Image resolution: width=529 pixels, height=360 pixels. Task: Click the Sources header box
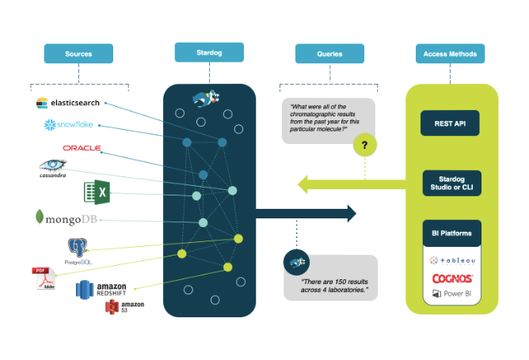(x=79, y=54)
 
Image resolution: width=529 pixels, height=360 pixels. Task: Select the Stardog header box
(x=209, y=53)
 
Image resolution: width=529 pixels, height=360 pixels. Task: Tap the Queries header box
(x=329, y=54)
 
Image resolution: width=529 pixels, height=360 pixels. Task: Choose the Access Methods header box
(x=450, y=54)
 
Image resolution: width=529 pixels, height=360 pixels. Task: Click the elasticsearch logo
(x=67, y=103)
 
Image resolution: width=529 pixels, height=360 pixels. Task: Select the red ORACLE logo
(x=82, y=148)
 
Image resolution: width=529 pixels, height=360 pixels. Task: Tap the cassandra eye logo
(x=54, y=167)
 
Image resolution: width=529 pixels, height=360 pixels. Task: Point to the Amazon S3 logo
(x=124, y=308)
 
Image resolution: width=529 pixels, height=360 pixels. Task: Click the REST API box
(x=450, y=124)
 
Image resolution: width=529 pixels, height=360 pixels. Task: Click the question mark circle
(x=364, y=145)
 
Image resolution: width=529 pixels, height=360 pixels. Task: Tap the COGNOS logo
(x=452, y=279)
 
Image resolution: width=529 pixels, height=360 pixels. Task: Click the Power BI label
(x=452, y=294)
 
